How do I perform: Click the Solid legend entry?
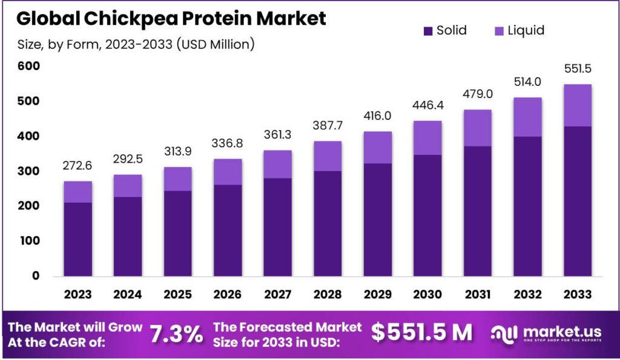point(444,30)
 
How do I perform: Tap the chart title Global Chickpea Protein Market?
point(171,18)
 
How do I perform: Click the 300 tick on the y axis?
point(27,171)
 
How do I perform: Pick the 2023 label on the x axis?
point(78,294)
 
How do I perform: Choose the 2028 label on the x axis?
point(327,294)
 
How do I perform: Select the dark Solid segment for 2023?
point(78,239)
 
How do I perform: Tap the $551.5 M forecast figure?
point(421,332)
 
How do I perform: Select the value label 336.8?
point(228,145)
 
